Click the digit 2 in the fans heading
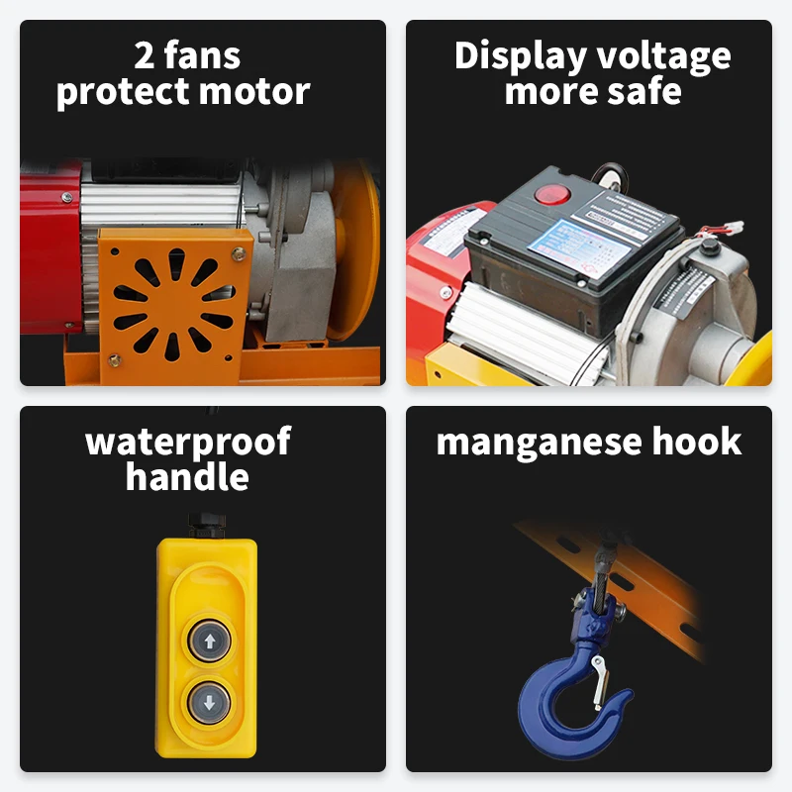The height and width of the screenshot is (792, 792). pyautogui.click(x=146, y=56)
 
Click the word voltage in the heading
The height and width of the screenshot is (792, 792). pyautogui.click(x=663, y=56)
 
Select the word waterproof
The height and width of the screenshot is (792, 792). pyautogui.click(x=188, y=442)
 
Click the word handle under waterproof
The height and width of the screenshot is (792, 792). pyautogui.click(x=187, y=477)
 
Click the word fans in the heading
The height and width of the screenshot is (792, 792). pyautogui.click(x=203, y=56)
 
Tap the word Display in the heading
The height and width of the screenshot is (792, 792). pyautogui.click(x=521, y=56)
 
